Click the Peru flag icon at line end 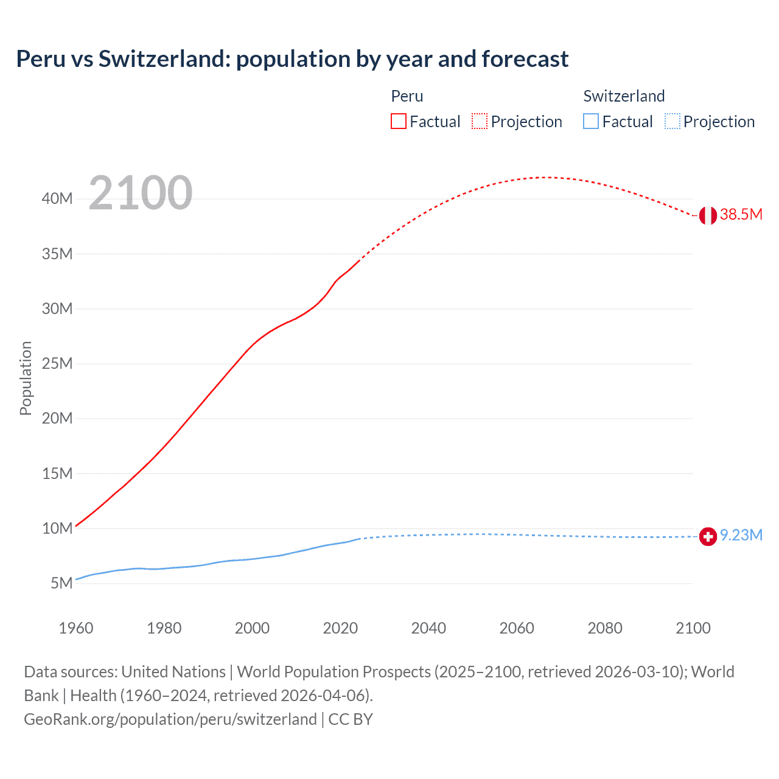pyautogui.click(x=708, y=215)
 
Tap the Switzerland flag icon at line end pyautogui.click(x=708, y=536)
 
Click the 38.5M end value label pyautogui.click(x=741, y=214)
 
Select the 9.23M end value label pyautogui.click(x=741, y=535)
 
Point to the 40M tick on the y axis pyautogui.click(x=57, y=199)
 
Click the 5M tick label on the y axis pyautogui.click(x=61, y=583)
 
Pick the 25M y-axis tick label pyautogui.click(x=57, y=364)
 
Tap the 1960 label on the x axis pyautogui.click(x=76, y=628)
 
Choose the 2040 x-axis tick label pyautogui.click(x=428, y=628)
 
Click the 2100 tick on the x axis pyautogui.click(x=693, y=628)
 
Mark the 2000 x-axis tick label pyautogui.click(x=252, y=628)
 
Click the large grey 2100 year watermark pyautogui.click(x=141, y=193)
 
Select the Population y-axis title pyautogui.click(x=26, y=379)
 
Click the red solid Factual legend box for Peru pyautogui.click(x=399, y=121)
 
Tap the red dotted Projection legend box pyautogui.click(x=480, y=121)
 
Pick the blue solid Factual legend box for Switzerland pyautogui.click(x=591, y=121)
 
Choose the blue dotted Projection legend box pyautogui.click(x=672, y=121)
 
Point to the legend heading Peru pyautogui.click(x=407, y=96)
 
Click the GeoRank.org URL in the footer pyautogui.click(x=170, y=719)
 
